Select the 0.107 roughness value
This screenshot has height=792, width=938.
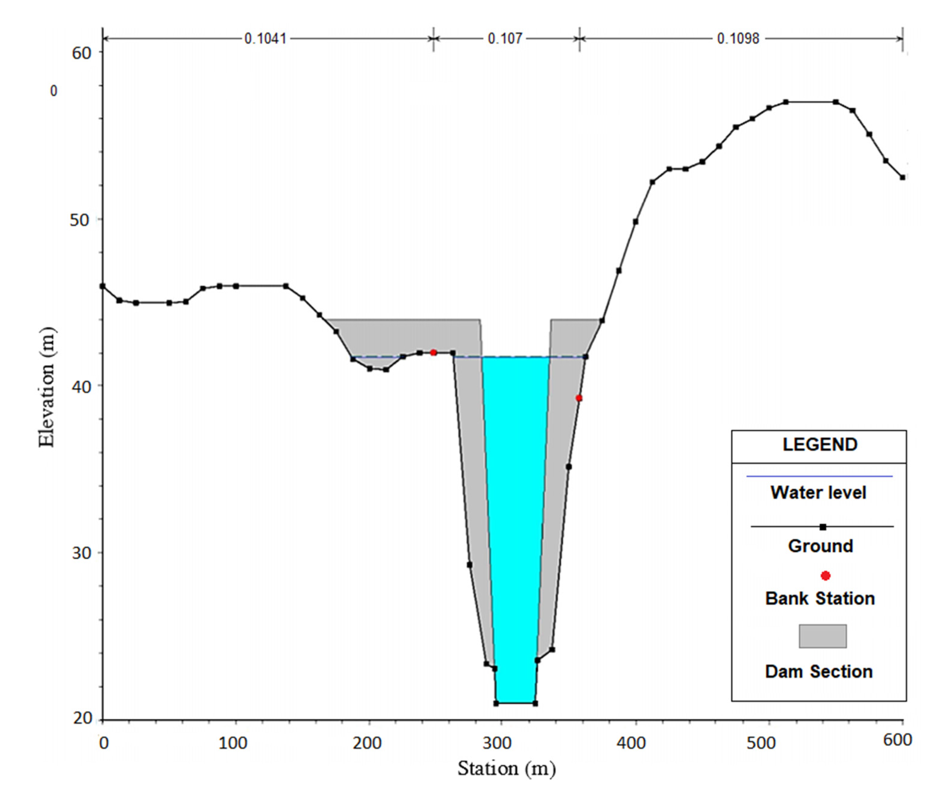505,39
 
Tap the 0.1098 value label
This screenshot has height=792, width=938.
738,39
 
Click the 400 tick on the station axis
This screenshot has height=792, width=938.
631,743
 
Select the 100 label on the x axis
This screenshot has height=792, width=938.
233,743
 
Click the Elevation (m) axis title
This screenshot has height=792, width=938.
47,387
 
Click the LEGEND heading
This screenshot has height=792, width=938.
820,444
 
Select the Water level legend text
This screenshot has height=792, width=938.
818,493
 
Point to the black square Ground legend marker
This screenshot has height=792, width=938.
823,527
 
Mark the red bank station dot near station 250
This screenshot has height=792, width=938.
433,352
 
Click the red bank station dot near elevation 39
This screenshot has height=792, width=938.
579,398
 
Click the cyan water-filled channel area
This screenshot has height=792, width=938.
516,516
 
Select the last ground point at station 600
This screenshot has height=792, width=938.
902,177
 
